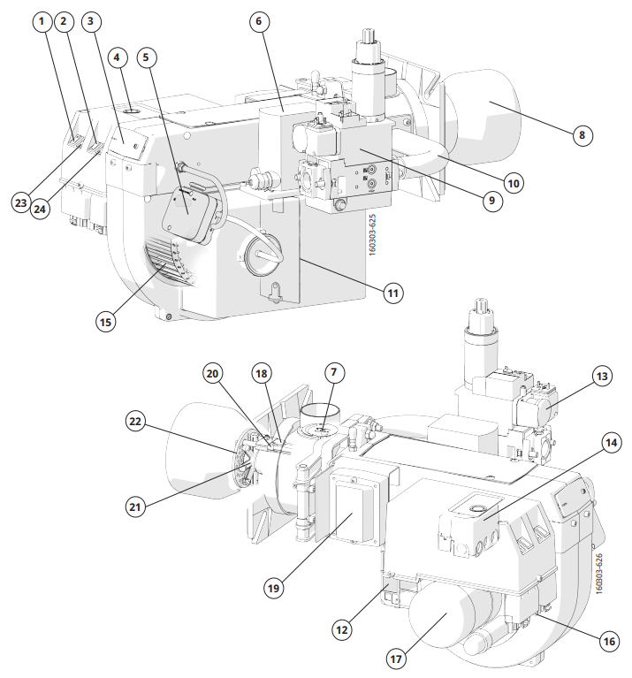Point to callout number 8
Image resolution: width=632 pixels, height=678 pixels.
580,135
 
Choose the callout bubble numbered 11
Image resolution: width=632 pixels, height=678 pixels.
392,291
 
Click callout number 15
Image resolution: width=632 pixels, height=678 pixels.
106,323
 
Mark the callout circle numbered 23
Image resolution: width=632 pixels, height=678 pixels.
22,202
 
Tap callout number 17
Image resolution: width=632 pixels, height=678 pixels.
399,658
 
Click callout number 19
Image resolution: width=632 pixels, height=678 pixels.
277,585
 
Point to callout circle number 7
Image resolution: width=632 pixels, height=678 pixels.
332,373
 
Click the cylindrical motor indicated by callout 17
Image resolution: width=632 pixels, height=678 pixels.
440,618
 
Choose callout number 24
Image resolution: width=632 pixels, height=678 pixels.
39,209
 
